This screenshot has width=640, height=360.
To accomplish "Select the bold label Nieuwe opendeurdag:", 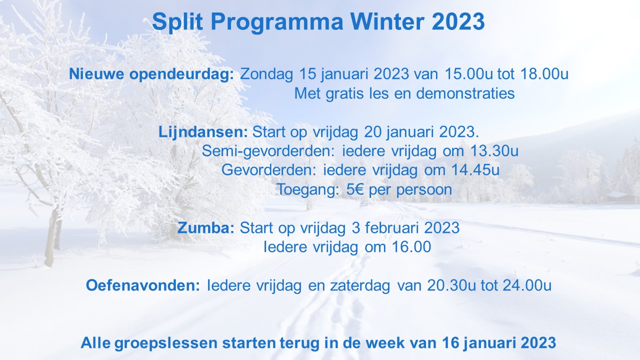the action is (x=151, y=74).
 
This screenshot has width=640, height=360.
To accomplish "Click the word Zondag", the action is (x=266, y=74).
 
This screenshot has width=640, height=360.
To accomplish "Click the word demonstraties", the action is (x=465, y=93).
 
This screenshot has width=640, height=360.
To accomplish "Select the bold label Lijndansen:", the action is (x=203, y=132).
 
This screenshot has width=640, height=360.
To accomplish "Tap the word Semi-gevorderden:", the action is (x=268, y=151).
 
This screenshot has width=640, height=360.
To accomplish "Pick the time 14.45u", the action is (x=475, y=170).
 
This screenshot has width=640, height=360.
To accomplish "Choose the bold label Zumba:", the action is (x=205, y=228).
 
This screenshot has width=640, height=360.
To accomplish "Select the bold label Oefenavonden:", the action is (x=143, y=285).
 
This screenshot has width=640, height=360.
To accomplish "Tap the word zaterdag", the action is (x=360, y=285).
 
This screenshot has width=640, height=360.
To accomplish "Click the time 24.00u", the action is (x=527, y=285).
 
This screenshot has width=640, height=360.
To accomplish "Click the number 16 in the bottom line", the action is (x=450, y=342).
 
